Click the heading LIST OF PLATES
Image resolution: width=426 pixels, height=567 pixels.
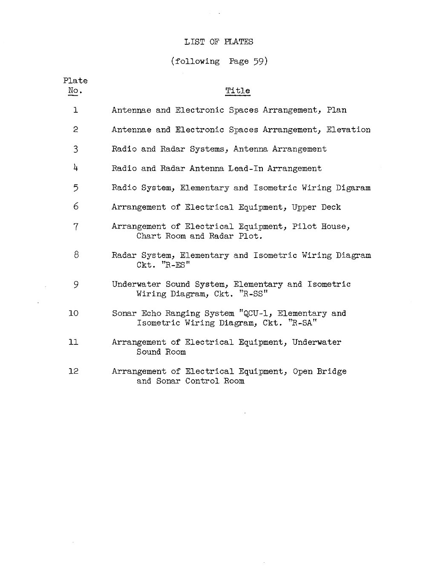pos(219,42)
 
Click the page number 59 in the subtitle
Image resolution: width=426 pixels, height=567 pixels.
pos(259,61)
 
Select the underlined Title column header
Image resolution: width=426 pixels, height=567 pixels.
pos(238,91)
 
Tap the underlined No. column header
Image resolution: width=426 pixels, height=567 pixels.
pos(75,91)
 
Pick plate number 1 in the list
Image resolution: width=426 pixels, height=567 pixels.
pos(75,110)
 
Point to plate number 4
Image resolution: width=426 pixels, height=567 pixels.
pos(75,168)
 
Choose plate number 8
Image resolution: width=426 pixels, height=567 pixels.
pos(76,255)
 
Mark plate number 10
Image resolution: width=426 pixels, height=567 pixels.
pos(74,313)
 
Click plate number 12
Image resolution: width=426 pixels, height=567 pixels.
pos(74,371)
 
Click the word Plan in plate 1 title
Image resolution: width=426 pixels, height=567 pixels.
pos(337,110)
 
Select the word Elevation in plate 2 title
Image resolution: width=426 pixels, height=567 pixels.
pos(348,130)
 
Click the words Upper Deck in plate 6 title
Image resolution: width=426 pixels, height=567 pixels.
pos(316,207)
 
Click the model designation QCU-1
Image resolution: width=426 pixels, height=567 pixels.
pos(256,314)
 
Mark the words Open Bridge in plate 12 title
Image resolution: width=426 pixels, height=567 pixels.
pos(319,372)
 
